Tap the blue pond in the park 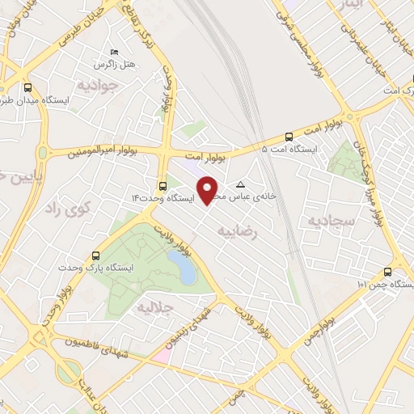[185, 268]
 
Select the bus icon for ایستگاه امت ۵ [290, 137]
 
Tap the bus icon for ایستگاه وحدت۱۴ [163, 185]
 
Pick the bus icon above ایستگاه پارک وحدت [97, 254]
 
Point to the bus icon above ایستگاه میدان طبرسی [28, 87]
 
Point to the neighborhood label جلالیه [154, 308]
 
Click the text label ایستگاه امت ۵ [290, 150]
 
